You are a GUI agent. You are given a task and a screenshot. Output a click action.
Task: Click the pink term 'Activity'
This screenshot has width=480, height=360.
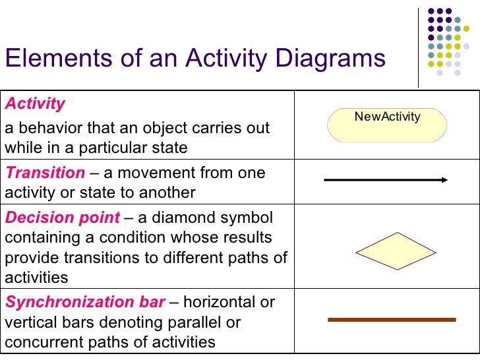[x=36, y=104]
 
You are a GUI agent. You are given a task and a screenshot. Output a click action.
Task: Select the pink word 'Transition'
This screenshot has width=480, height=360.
[x=45, y=173]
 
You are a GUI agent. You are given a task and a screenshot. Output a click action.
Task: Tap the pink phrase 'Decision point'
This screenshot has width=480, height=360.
[x=63, y=218]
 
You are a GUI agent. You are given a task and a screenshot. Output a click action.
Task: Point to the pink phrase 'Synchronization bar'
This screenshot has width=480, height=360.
[x=85, y=302]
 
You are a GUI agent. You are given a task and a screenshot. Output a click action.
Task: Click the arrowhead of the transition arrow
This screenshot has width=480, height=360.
[x=445, y=179]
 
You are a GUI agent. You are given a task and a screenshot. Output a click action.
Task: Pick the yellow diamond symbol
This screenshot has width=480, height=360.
[x=387, y=251]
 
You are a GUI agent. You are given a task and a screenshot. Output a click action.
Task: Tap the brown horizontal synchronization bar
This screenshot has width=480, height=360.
[x=392, y=320]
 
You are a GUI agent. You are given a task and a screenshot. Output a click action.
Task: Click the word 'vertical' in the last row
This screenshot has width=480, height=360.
[x=28, y=322]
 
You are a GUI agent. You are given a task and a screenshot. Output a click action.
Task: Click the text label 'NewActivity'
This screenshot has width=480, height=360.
[x=387, y=117]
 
